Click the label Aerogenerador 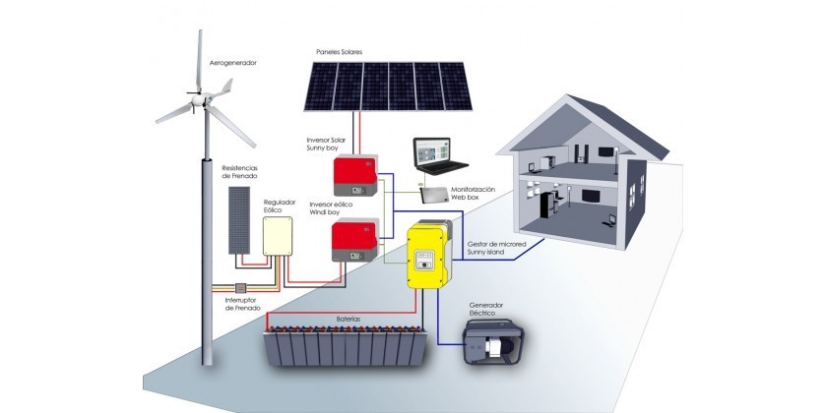(232, 63)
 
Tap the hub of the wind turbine (203, 99)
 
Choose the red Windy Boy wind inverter (353, 241)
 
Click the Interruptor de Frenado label (241, 303)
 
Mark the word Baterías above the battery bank (348, 320)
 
